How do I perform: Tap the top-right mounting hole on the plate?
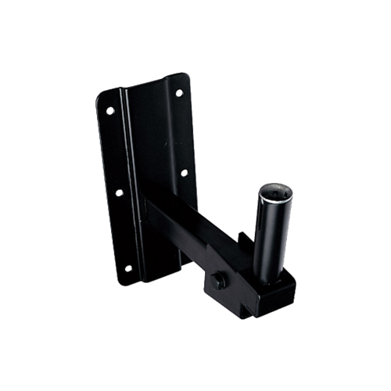pos(178,92)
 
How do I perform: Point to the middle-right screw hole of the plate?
pos(184,174)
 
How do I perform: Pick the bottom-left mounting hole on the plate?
pos(127,268)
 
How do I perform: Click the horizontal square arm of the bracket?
pos(192,227)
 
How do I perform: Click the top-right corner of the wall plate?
pos(186,77)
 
